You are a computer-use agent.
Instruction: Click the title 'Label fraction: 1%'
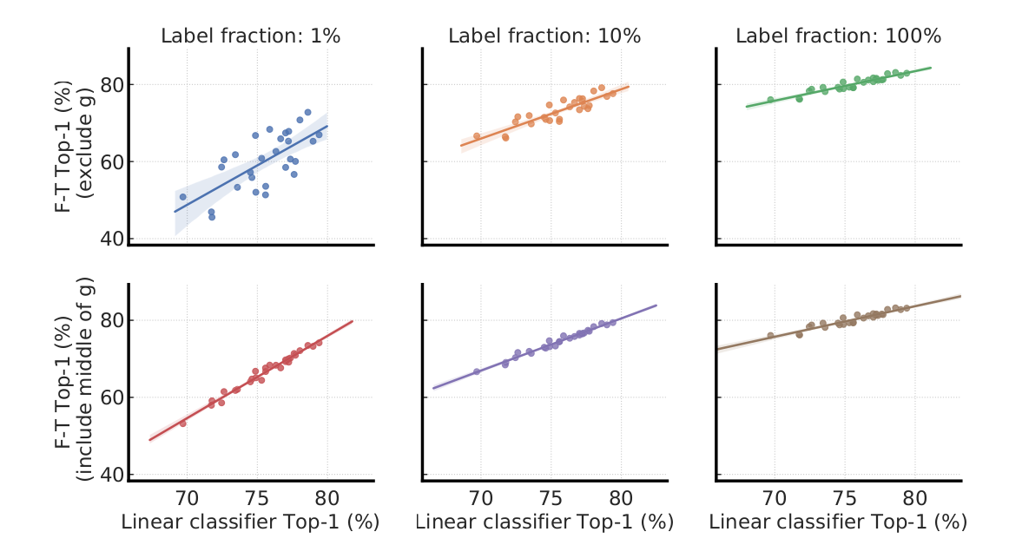[251, 36]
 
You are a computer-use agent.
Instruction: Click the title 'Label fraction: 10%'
[544, 36]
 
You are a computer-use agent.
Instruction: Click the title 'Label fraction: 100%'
[839, 36]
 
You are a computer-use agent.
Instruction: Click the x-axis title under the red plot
[251, 522]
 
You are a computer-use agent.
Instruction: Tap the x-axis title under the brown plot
[839, 522]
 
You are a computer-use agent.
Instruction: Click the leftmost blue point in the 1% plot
[182, 197]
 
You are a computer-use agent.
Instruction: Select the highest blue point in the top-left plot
[307, 112]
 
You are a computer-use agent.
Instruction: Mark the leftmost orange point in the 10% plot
[477, 136]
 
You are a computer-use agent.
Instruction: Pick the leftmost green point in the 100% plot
[770, 100]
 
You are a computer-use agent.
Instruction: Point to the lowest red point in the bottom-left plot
[182, 424]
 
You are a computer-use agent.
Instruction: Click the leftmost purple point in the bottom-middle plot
[477, 371]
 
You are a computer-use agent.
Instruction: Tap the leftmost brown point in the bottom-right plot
[770, 335]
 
